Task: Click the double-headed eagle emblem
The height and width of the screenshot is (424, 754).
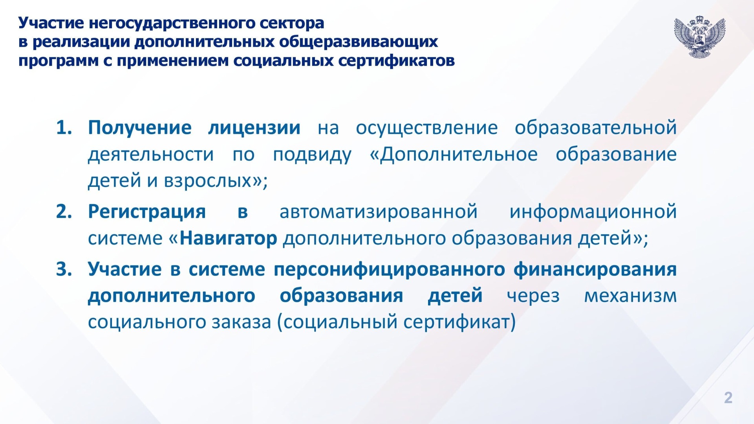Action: pyautogui.click(x=700, y=37)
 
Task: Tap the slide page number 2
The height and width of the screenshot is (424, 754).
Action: pyautogui.click(x=728, y=398)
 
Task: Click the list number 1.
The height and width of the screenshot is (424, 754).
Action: pyautogui.click(x=64, y=128)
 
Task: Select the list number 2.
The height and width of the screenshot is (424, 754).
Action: pyautogui.click(x=64, y=212)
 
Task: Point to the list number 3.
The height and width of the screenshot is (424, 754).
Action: pyautogui.click(x=64, y=269)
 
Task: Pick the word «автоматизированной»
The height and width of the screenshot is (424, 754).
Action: pyautogui.click(x=379, y=212)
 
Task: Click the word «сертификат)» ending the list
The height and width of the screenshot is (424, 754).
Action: pyautogui.click(x=459, y=322)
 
